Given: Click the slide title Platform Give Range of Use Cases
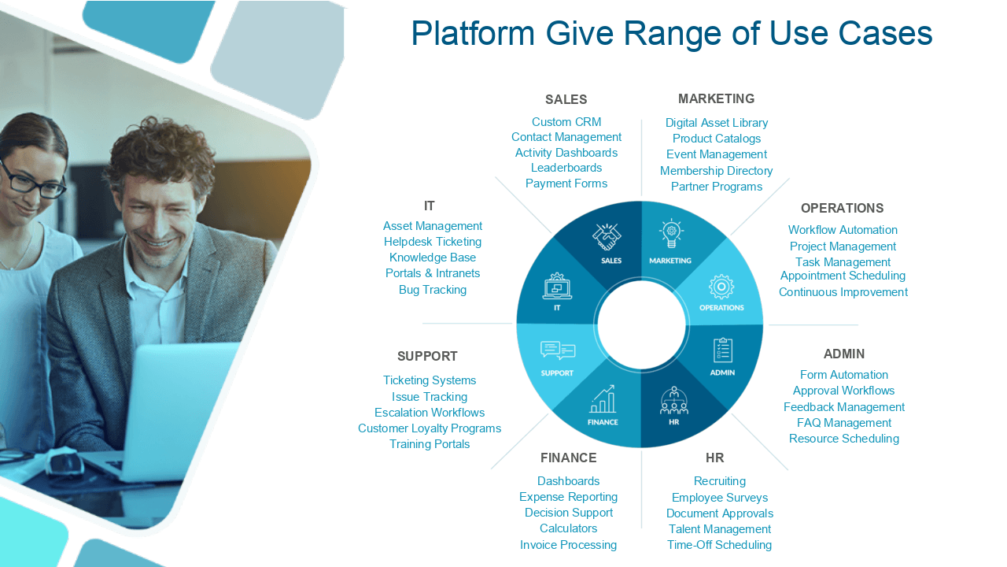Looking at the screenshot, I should [671, 34].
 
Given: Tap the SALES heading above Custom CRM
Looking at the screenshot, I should [566, 100].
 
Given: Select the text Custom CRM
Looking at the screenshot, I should [566, 122].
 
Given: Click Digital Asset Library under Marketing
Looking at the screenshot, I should [716, 123].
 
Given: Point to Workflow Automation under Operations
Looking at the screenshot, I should [843, 230].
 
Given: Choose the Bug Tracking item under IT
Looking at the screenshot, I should [432, 290].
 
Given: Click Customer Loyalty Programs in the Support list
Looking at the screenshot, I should [429, 428].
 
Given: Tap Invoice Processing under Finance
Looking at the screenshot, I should [568, 545].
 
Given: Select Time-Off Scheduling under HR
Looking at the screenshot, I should [719, 545].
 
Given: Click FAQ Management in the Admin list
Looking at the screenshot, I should [843, 423].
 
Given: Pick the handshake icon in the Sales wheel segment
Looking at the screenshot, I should [607, 237].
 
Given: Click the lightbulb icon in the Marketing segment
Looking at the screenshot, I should [671, 235].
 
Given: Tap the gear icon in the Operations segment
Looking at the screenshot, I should [721, 287].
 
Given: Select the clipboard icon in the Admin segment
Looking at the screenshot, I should [722, 350].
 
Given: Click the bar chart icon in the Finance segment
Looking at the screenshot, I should [603, 399].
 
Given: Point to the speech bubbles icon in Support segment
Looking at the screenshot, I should [558, 350].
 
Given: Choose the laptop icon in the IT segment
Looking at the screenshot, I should [557, 287].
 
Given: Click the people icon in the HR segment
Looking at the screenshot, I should [674, 401].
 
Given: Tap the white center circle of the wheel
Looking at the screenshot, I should [641, 324].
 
